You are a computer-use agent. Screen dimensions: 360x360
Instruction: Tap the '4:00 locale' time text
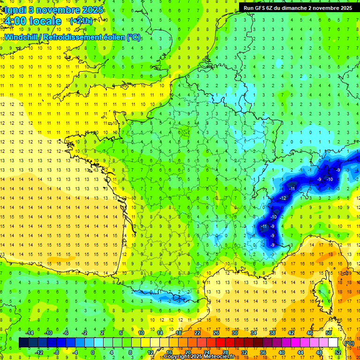pyautogui.click(x=32, y=21)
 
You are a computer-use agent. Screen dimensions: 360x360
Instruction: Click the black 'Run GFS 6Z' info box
pyautogui.click(x=298, y=7)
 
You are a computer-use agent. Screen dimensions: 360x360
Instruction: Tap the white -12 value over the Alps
pyautogui.click(x=283, y=198)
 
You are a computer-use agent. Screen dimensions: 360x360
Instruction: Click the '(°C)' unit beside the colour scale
pyautogui.click(x=349, y=343)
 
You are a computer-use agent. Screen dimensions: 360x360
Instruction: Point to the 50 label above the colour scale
pyautogui.click(x=328, y=333)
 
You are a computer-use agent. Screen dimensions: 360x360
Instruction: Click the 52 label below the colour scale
pyautogui.click(x=337, y=352)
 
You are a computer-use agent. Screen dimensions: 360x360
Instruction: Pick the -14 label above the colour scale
pyautogui.click(x=30, y=333)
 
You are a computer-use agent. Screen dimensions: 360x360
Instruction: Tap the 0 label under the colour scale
pyautogui.click(x=93, y=352)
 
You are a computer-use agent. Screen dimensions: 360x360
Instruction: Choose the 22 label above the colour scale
pyautogui.click(x=197, y=333)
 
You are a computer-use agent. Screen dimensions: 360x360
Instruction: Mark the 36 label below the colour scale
pyautogui.click(x=262, y=352)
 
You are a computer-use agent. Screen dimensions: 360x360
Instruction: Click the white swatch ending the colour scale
pyautogui.click(x=333, y=343)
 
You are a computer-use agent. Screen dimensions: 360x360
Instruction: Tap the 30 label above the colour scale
pyautogui.click(x=235, y=333)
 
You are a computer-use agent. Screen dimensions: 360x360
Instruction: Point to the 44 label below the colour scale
pyautogui.click(x=300, y=352)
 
